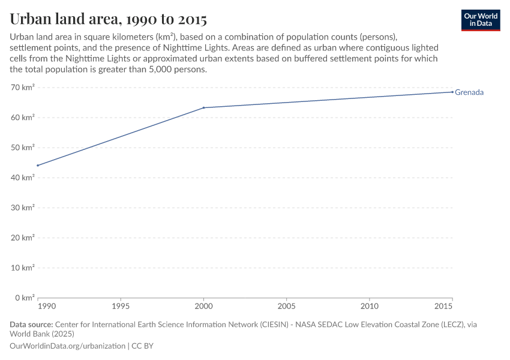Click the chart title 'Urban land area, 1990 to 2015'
(x=109, y=19)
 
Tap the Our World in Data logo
(x=481, y=20)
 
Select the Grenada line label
(x=469, y=92)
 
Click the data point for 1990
(x=38, y=166)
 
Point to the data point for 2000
(x=204, y=108)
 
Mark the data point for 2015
(x=452, y=92)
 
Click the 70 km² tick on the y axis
(x=23, y=88)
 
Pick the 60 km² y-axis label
(x=23, y=118)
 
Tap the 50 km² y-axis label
(x=23, y=148)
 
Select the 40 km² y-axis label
(x=23, y=178)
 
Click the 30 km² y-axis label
(x=23, y=208)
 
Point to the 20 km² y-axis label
(x=23, y=238)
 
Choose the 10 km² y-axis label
(x=23, y=268)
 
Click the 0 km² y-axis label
(x=25, y=298)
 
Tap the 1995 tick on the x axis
(x=121, y=306)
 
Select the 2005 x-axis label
(x=286, y=306)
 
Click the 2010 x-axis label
(x=370, y=306)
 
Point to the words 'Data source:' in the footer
(x=31, y=325)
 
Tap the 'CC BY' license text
(x=142, y=346)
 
